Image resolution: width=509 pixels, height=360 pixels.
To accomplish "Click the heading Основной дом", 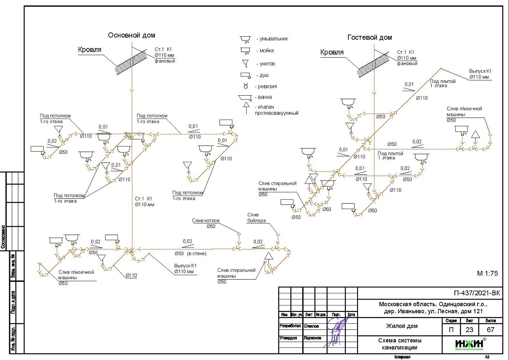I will [x=131, y=35].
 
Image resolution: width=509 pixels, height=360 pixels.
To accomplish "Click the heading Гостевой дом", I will [x=369, y=38].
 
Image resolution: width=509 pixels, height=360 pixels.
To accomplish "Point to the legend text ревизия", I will [x=268, y=87].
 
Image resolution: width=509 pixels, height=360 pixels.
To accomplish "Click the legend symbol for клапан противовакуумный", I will [x=245, y=106].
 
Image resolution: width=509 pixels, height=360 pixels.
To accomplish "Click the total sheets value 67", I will [x=487, y=330].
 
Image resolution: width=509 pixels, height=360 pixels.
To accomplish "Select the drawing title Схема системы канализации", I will [x=400, y=344].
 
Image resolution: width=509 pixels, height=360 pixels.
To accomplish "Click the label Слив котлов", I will [x=204, y=221].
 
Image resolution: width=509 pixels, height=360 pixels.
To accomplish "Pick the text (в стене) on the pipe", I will [x=197, y=253].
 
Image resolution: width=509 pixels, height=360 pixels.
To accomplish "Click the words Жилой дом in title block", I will [x=402, y=326].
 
